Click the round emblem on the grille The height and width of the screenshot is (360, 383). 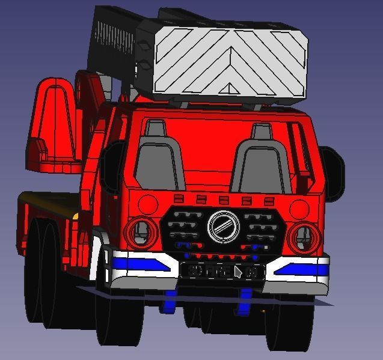coord(223,227)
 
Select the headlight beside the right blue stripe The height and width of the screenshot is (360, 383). coord(302,237)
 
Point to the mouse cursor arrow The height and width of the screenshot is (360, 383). coord(238,272)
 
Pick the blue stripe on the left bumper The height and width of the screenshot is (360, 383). coord(139,263)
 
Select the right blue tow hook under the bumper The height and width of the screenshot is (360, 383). coord(246,302)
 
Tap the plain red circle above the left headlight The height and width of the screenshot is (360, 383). coord(147,203)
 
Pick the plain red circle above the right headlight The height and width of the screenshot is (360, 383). coord(299,209)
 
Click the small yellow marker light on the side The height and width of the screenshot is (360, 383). coord(76,215)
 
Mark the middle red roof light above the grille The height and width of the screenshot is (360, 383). coord(224,200)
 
